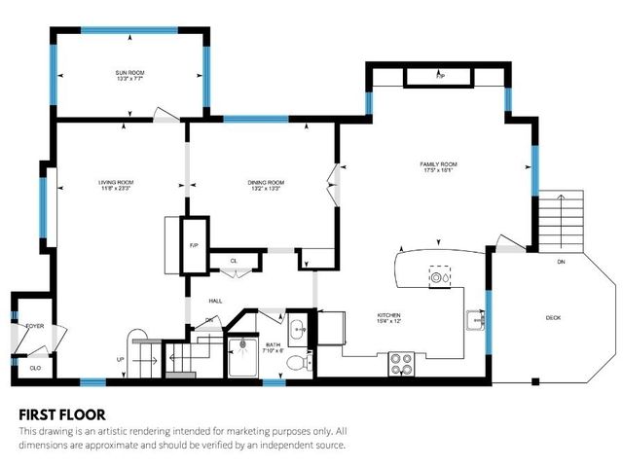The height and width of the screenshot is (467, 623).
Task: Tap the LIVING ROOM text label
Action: click(x=115, y=184)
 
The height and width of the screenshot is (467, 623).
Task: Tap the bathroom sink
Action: click(x=296, y=326)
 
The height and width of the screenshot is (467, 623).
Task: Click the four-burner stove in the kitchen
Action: click(x=401, y=364)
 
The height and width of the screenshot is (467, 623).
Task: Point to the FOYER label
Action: click(x=35, y=327)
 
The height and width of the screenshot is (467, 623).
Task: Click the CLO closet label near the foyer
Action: click(x=35, y=368)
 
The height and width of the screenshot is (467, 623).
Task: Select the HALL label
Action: click(x=215, y=301)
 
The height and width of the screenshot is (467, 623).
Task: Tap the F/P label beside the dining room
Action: click(x=194, y=245)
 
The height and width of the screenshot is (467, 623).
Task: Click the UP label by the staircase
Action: click(x=121, y=359)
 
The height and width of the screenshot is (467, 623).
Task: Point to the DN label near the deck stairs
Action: click(x=561, y=263)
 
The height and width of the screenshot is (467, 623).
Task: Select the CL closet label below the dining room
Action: click(x=234, y=261)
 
